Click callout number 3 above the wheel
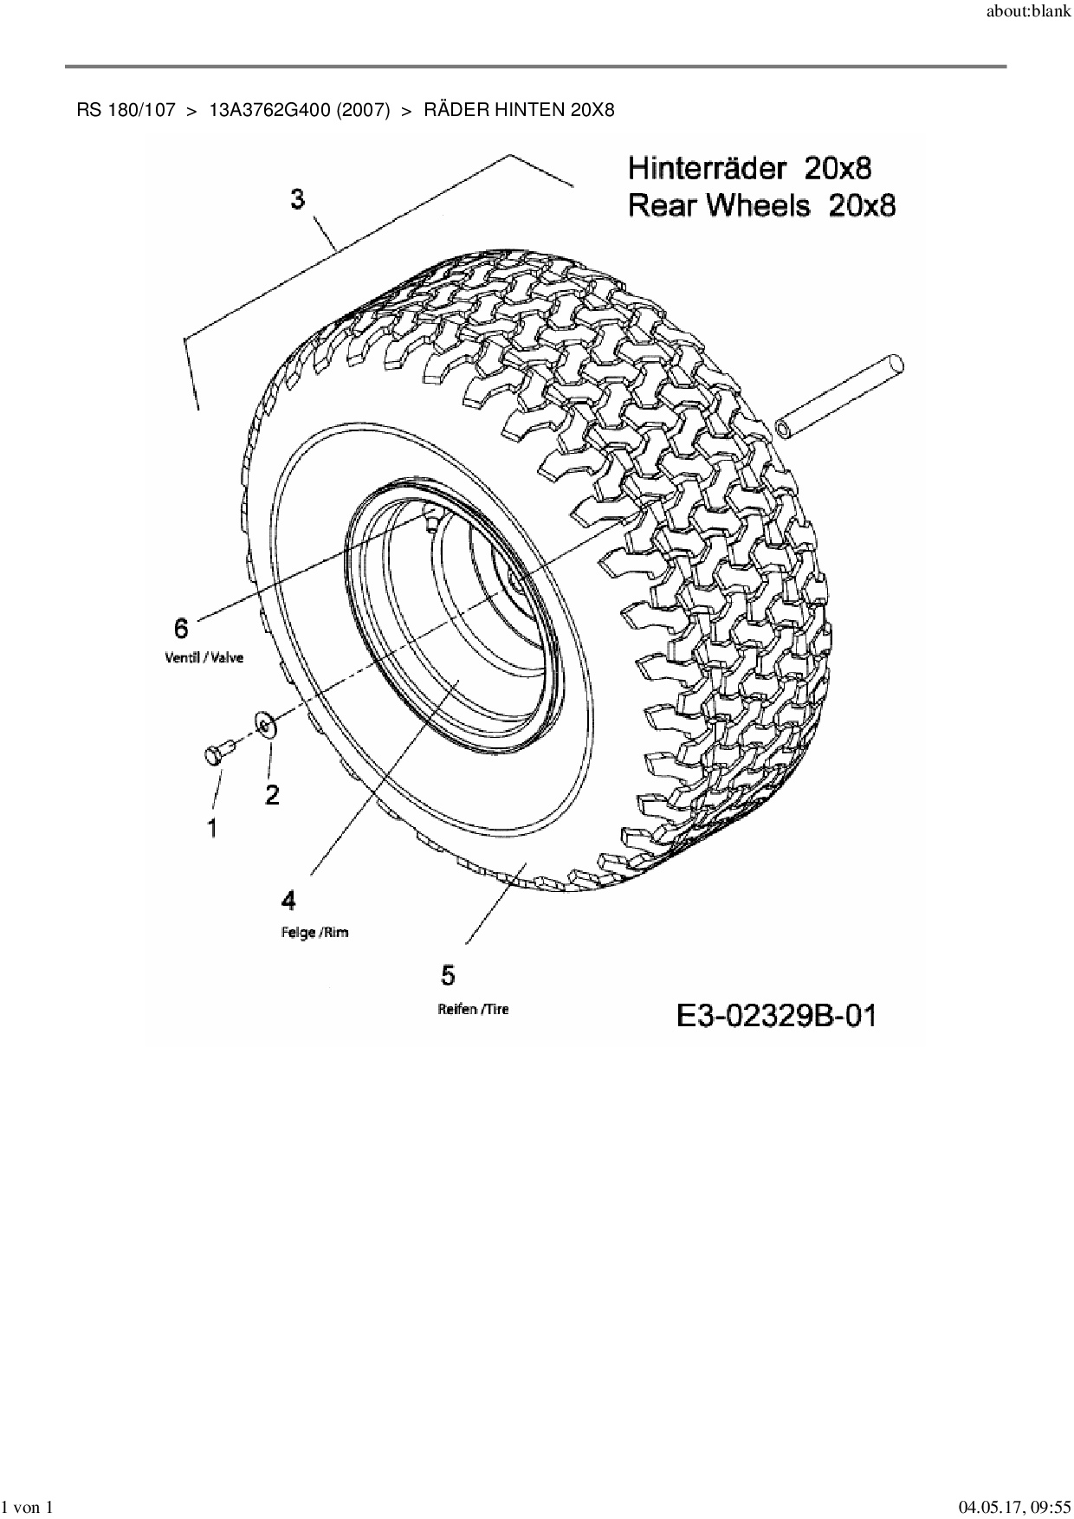297,200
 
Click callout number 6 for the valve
182,628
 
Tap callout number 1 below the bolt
212,828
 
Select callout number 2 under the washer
272,794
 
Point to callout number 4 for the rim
288,901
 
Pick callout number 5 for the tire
448,975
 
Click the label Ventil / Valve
204,657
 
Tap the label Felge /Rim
315,933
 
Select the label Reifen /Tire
474,1009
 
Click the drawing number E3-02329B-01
776,1015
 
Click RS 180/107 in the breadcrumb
126,110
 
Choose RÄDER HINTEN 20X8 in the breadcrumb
519,110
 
